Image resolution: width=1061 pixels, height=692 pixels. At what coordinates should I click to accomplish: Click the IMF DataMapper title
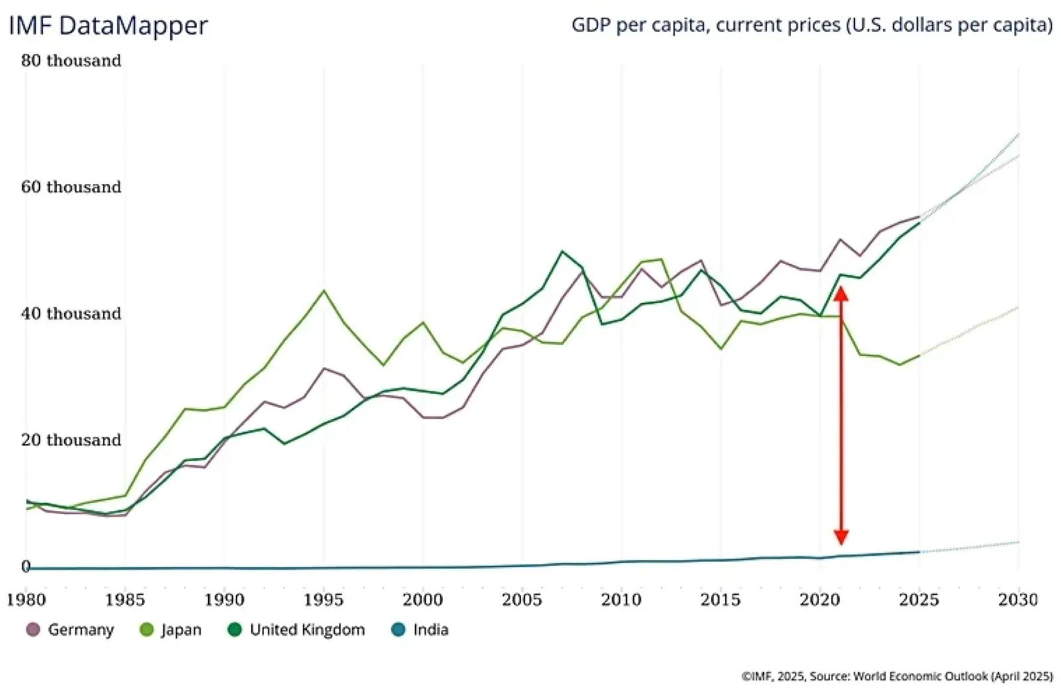pos(107,26)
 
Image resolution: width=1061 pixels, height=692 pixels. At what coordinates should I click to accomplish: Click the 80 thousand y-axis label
pos(71,60)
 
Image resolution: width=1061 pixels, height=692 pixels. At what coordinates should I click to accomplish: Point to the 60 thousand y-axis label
pos(71,187)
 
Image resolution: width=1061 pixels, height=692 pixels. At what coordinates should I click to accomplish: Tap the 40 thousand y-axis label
pos(71,314)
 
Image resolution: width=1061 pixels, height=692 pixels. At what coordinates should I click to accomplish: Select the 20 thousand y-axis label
pos(71,441)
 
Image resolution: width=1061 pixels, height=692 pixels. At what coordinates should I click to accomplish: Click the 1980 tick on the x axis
pos(27,600)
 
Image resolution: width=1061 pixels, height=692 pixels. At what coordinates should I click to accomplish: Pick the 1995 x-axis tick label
pos(324,600)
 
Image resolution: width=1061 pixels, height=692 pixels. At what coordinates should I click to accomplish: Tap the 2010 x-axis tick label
pos(621,600)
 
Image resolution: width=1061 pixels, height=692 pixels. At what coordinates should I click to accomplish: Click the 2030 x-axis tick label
pos(1018,600)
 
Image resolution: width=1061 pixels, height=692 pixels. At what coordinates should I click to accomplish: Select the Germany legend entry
pos(71,630)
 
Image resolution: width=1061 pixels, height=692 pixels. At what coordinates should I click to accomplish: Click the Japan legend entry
pos(172,630)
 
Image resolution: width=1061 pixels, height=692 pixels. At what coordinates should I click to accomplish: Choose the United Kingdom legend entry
pos(296,630)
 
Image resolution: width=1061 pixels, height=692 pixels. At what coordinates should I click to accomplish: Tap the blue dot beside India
pos(398,630)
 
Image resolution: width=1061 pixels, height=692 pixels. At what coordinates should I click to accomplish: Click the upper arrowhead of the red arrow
pos(841,293)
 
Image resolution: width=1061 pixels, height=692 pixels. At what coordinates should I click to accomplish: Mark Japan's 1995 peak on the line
pos(324,291)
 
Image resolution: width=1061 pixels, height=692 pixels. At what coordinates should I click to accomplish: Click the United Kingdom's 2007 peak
pos(562,251)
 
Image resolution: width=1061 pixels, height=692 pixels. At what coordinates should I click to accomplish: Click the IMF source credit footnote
pos(897,676)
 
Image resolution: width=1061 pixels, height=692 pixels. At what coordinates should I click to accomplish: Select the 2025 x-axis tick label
pos(918,600)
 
